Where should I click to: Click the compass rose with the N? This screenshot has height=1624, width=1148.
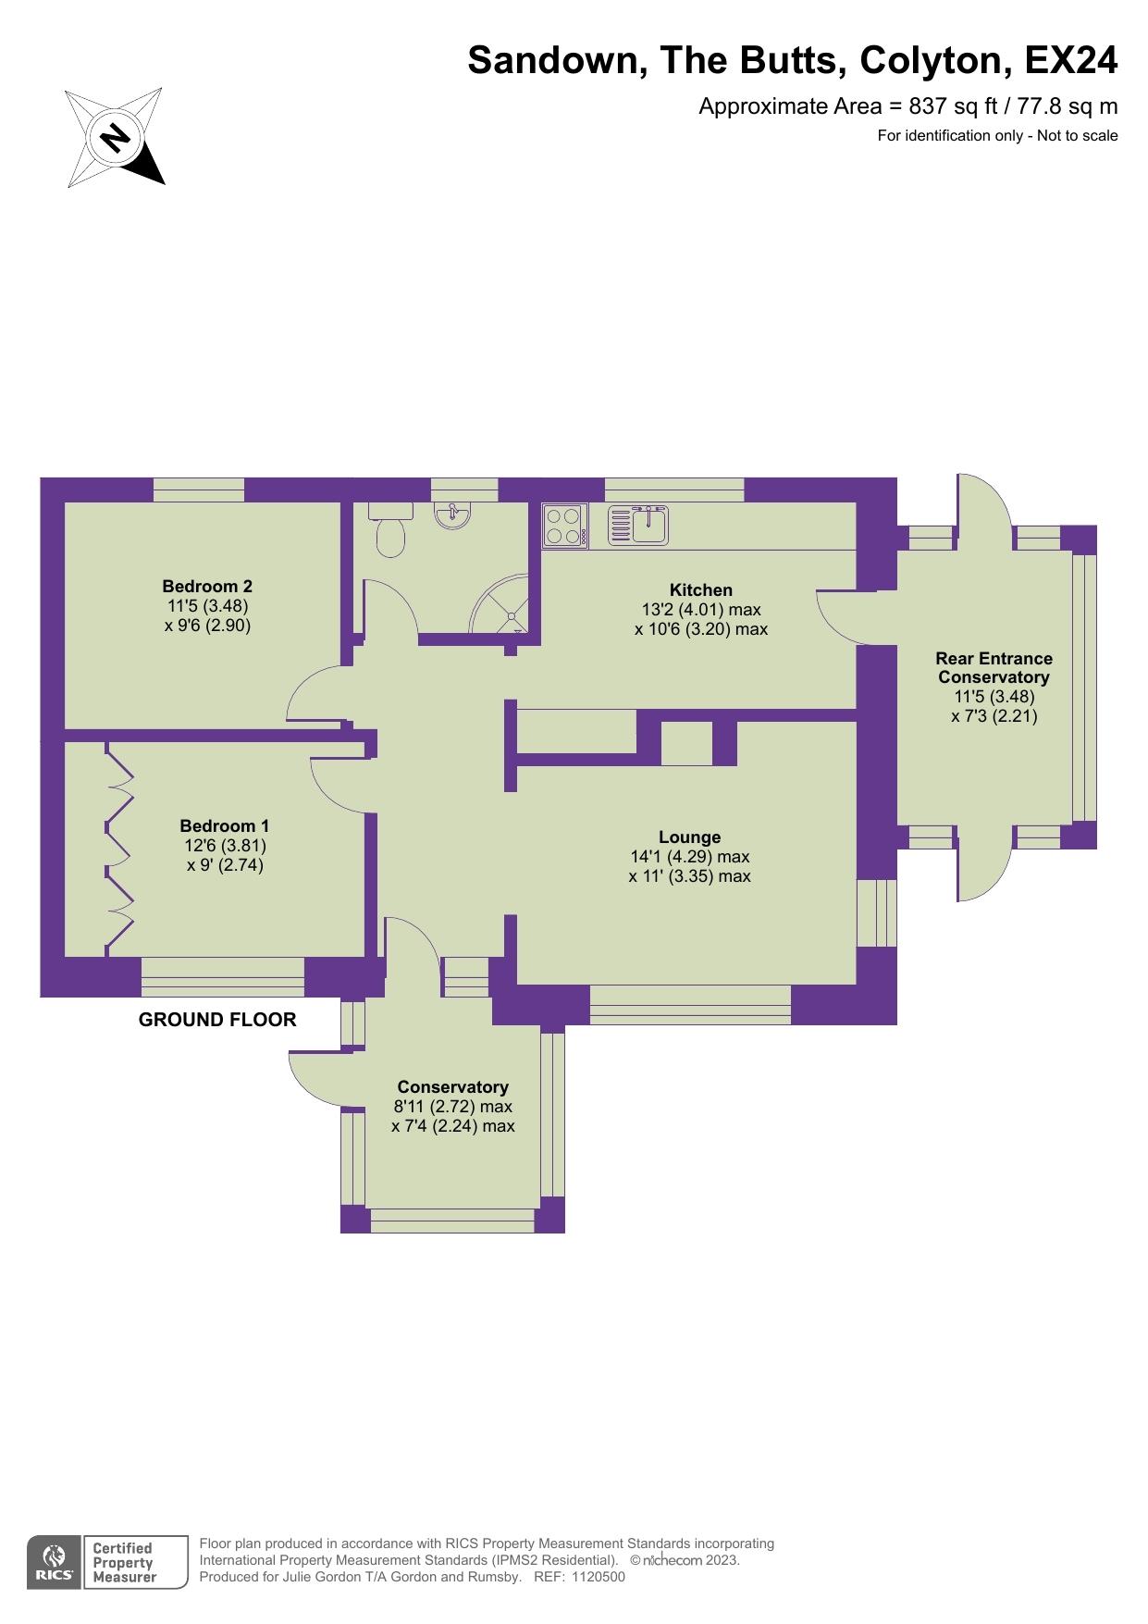pos(115,138)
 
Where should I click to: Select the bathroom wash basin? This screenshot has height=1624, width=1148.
pos(452,515)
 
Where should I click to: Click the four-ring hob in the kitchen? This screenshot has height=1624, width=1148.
pos(564,525)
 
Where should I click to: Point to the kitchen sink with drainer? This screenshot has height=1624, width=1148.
pos(638,525)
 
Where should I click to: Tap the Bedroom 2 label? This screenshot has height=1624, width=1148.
pos(207,586)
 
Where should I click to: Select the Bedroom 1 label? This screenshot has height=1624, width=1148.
pos(225,825)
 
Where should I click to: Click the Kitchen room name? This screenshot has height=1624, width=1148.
pos(701,589)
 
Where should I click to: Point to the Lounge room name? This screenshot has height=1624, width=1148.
pos(690,837)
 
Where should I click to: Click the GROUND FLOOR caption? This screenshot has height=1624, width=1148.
pos(217,1020)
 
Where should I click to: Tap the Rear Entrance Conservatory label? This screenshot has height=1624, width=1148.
pos(994,667)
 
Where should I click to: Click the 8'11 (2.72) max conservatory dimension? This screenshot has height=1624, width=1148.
pos(453,1106)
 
